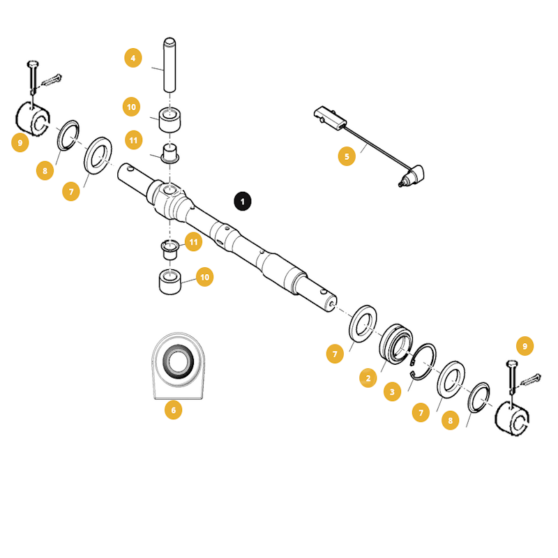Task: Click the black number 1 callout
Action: (242, 201)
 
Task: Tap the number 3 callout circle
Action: (392, 393)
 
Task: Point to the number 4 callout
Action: (133, 57)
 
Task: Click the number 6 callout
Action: (173, 410)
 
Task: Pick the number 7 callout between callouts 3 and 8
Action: (421, 414)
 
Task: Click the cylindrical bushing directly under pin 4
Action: (170, 119)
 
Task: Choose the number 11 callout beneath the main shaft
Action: (193, 242)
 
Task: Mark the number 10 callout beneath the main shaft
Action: (204, 277)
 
